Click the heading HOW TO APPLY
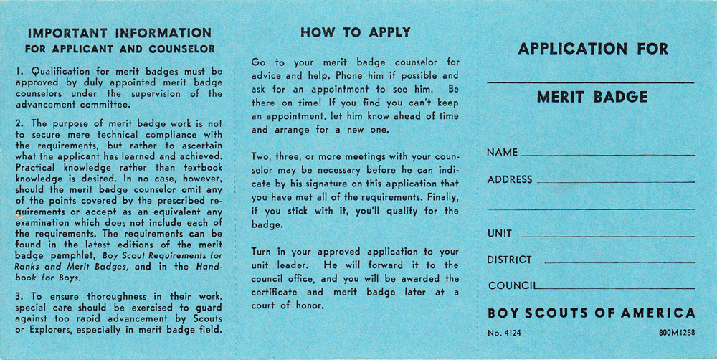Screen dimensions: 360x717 point(355,32)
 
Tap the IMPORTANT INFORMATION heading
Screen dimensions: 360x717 point(119,33)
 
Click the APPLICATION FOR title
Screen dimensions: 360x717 point(592,49)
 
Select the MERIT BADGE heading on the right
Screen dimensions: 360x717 point(592,97)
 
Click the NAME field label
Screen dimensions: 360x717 point(502,153)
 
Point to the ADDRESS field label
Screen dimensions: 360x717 point(510,179)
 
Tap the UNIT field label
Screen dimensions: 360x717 point(500,234)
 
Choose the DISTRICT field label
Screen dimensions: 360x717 point(510,260)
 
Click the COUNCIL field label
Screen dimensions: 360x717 point(512,285)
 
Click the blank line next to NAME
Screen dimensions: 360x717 point(608,155)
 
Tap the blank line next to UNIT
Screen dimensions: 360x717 point(608,236)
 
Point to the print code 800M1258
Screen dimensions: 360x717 point(676,333)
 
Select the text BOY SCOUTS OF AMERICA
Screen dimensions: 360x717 point(591,313)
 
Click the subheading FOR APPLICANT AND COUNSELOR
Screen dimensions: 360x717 point(119,49)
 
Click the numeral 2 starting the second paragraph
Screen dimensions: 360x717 point(18,123)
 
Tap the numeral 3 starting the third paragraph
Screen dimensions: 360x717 point(18,296)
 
